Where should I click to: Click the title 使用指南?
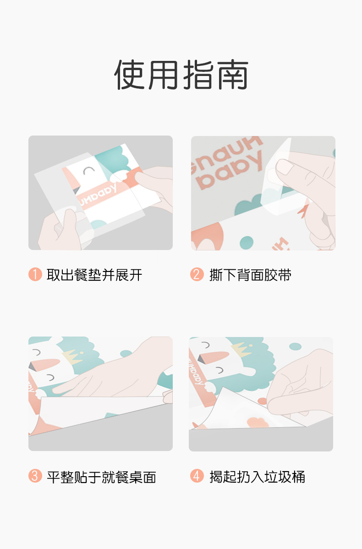coord(181,75)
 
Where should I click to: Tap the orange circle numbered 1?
coord(35,275)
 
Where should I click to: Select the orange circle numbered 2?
coord(197,275)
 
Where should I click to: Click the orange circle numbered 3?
coord(35,476)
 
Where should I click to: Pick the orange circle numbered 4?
coord(197,476)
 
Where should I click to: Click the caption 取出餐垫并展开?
coord(94,275)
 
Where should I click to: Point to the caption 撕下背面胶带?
coord(250,275)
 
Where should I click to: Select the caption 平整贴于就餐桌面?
coord(101,477)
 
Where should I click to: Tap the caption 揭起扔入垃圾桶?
coord(257,477)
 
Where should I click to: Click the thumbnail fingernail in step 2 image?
coord(285,167)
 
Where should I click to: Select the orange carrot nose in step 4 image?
coord(213,358)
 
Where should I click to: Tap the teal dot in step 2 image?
coord(247,242)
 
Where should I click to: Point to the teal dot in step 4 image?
coord(295,347)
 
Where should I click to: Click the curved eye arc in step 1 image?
coord(88,170)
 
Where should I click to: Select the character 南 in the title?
coord(232,75)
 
